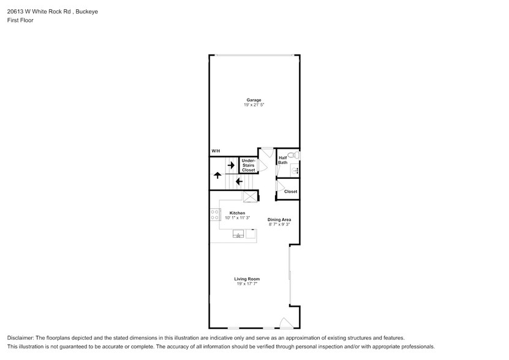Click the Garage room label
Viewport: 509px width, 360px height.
tap(254, 100)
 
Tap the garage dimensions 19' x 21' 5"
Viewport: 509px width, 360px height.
tap(254, 105)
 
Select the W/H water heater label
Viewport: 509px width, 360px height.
tap(216, 151)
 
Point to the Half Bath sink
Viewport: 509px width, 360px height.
tap(295, 171)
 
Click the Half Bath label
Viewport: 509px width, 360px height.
tap(282, 160)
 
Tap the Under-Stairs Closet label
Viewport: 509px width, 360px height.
tap(248, 165)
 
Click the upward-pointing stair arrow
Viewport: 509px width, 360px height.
tap(217, 175)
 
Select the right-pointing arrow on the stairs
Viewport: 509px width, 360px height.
tap(231, 165)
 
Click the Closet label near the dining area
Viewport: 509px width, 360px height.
tap(290, 192)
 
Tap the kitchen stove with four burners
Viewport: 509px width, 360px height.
tap(216, 215)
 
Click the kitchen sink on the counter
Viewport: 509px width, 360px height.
tap(238, 234)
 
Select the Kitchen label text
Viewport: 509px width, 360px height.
tap(237, 213)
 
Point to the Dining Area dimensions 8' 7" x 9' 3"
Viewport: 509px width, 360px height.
tap(279, 225)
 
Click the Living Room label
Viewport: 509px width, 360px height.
tap(246, 279)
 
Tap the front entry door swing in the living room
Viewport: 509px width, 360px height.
tap(285, 323)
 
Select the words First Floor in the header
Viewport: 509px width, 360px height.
tap(20, 20)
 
